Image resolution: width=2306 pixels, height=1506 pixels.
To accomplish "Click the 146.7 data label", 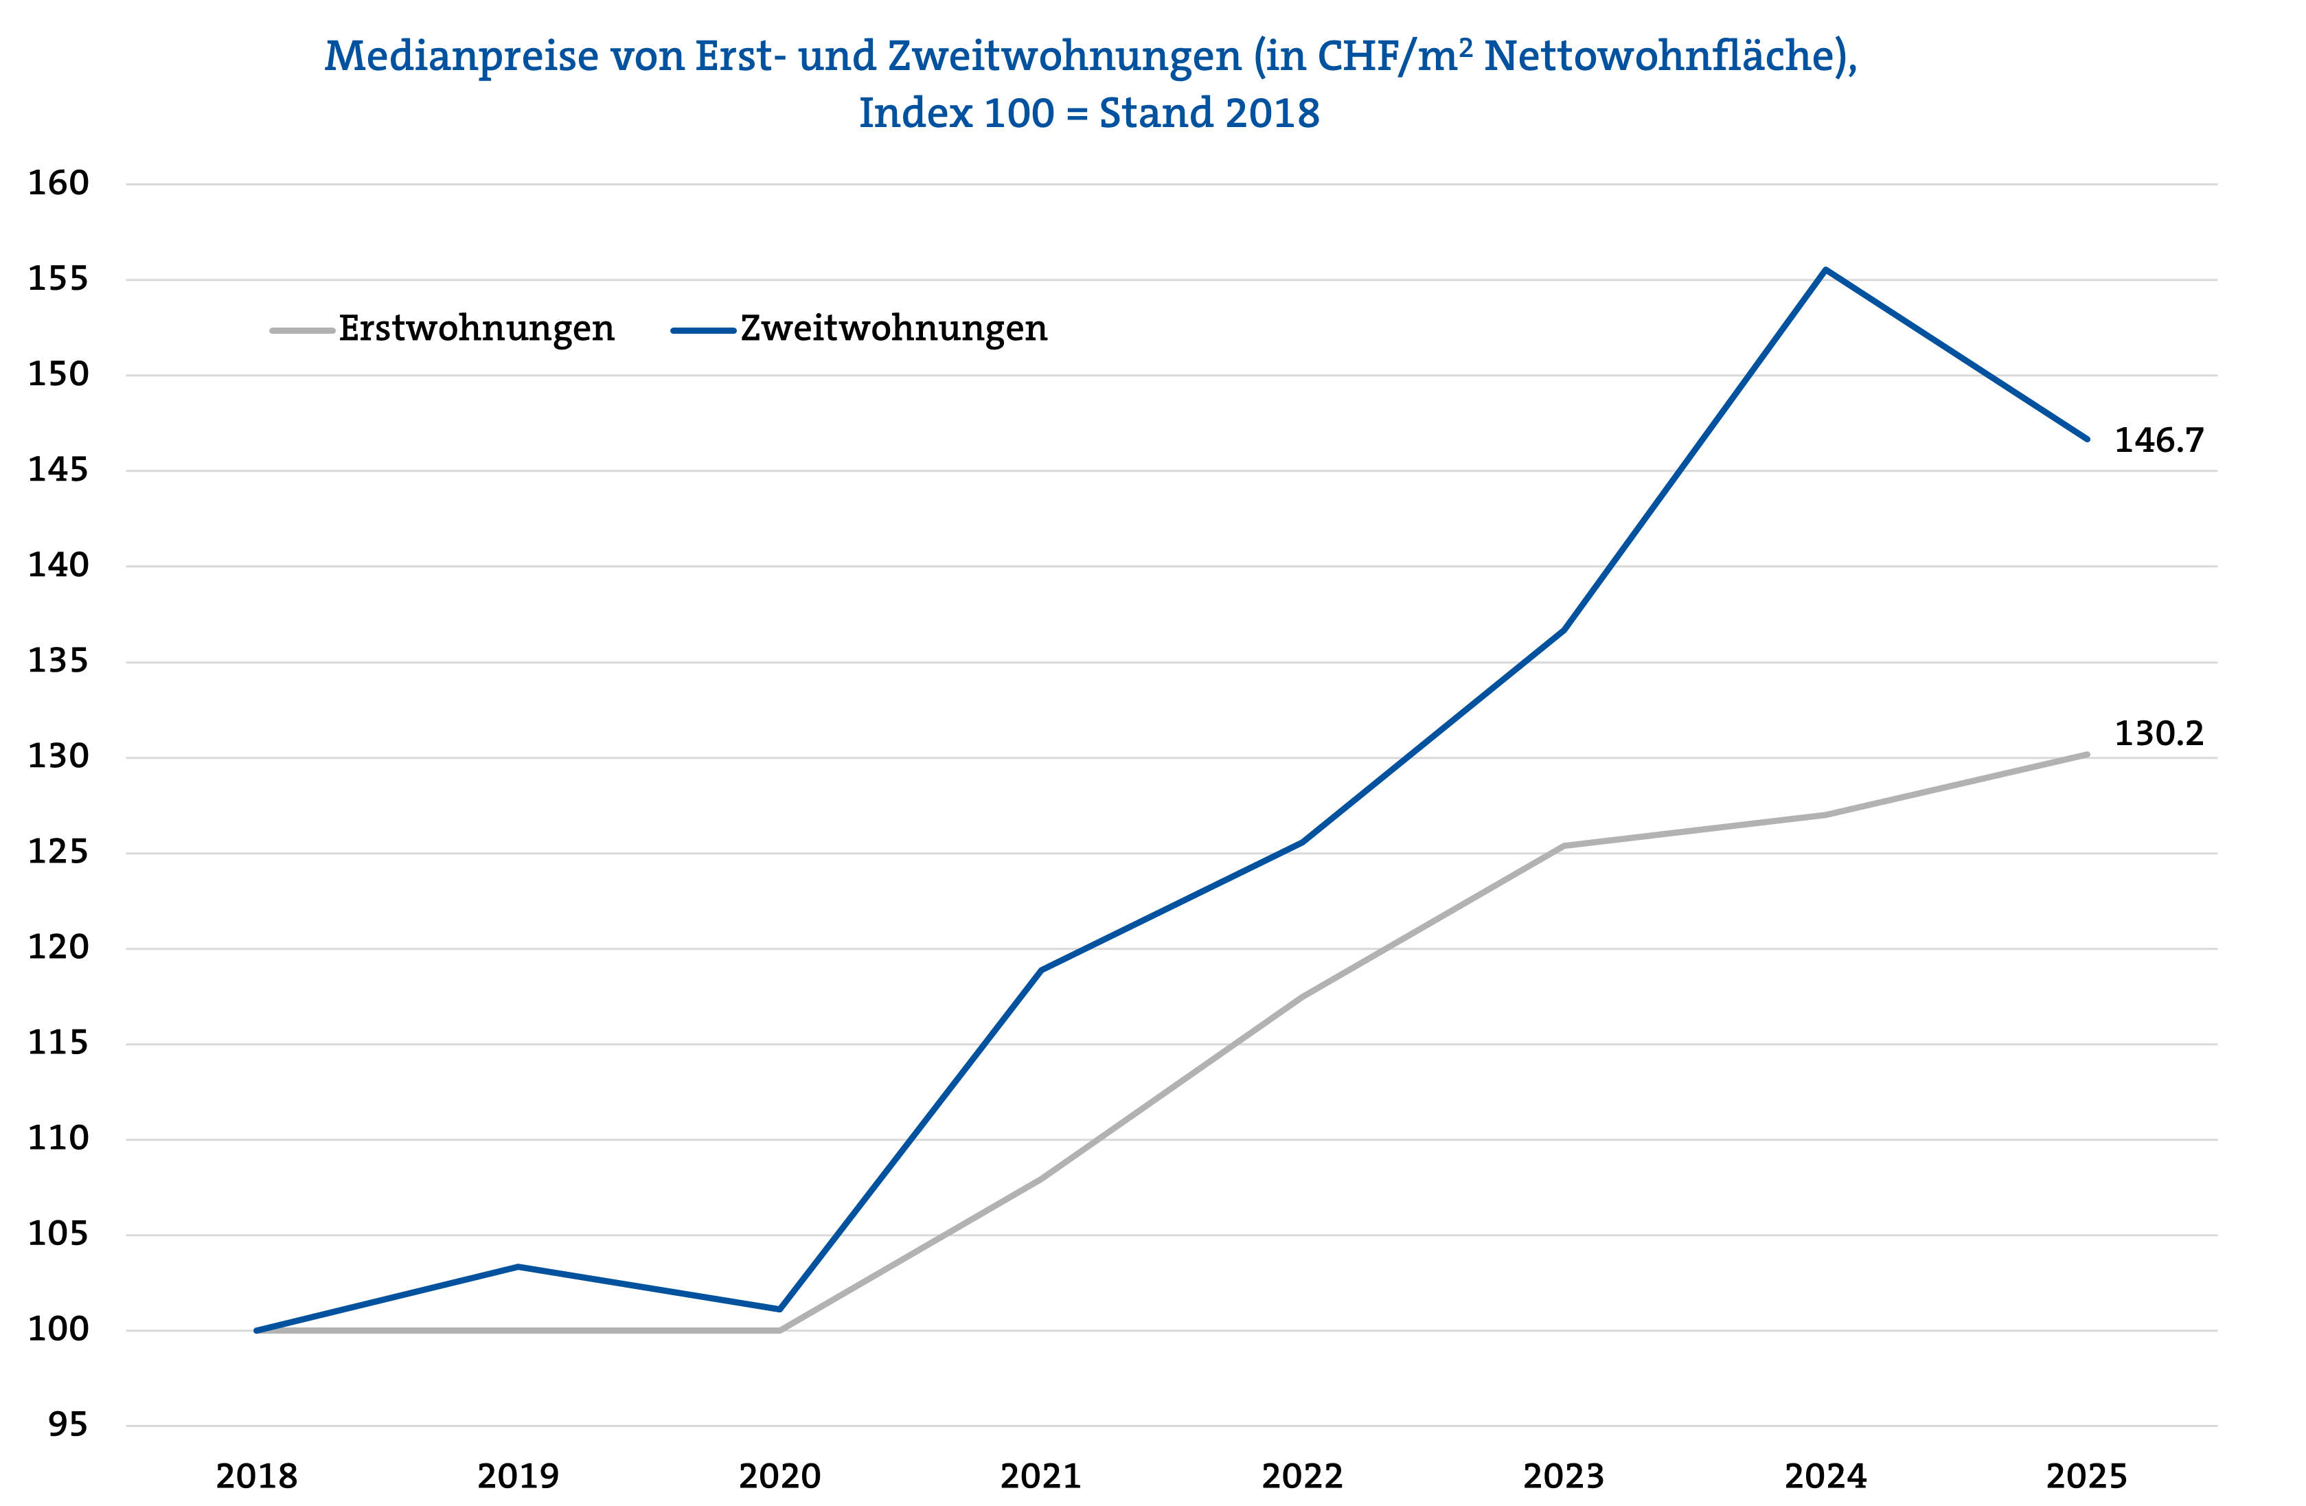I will coord(2158,441).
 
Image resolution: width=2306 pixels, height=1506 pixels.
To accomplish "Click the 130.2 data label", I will coord(2158,733).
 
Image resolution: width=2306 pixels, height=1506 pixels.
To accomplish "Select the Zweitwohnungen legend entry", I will coord(892,330).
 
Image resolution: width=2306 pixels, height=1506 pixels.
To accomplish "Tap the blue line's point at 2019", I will coord(518,1266).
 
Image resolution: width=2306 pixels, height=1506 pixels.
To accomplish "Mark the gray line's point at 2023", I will coord(1564,846).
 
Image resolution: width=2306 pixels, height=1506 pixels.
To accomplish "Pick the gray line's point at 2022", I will coord(1302,996).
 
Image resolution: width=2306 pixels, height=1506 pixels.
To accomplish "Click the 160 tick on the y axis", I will coord(58,183).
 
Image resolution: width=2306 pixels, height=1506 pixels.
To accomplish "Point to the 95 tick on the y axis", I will coord(68,1424).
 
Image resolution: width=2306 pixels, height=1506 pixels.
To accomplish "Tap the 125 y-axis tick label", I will coord(58,853).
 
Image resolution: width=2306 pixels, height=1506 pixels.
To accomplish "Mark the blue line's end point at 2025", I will coord(2086,439).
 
